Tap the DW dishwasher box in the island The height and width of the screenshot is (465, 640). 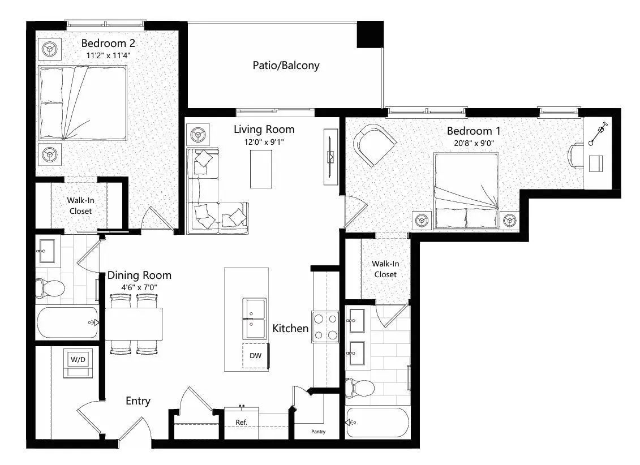[x=255, y=356]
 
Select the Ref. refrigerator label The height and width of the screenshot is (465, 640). [x=242, y=422]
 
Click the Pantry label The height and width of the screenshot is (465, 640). [x=318, y=432]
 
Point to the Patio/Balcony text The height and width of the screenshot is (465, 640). [x=286, y=66]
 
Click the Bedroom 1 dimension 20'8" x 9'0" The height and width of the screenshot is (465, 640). [x=474, y=143]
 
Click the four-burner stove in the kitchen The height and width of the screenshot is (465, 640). [x=325, y=327]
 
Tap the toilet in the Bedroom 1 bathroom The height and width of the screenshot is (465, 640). [x=360, y=388]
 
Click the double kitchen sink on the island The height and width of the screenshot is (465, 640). [x=254, y=317]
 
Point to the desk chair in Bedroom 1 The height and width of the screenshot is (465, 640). [x=576, y=156]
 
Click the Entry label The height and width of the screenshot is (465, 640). [x=138, y=401]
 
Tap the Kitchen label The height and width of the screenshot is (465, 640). [x=290, y=328]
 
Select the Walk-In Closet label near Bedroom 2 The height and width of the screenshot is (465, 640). [x=80, y=205]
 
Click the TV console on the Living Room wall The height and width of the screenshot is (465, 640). [x=330, y=156]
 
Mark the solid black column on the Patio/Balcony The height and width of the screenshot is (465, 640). [x=370, y=35]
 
